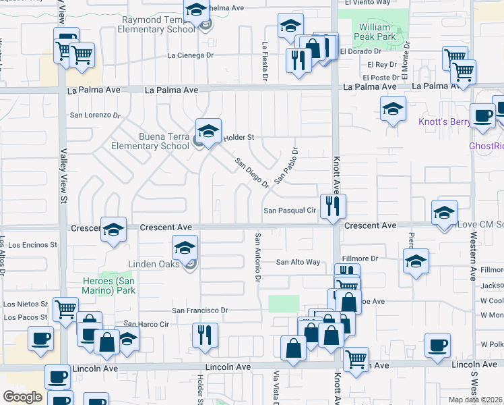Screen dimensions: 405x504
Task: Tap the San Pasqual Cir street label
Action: click(290, 211)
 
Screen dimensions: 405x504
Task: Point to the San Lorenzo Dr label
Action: click(99, 115)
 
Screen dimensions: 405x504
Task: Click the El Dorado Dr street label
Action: click(361, 51)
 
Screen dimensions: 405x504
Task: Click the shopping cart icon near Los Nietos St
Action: click(65, 310)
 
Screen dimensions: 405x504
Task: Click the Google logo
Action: click(23, 397)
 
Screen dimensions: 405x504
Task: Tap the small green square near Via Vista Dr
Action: click(284, 304)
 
